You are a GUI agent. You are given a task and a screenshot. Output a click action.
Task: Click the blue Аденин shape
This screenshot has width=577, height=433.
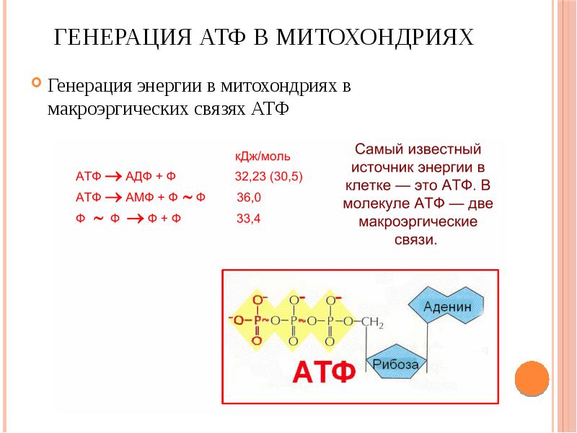coord(447,306)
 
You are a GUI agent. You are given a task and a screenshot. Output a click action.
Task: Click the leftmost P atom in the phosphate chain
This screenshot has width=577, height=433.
coord(257,319)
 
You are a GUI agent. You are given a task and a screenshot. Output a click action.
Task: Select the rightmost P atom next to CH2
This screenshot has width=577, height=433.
coord(330,320)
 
